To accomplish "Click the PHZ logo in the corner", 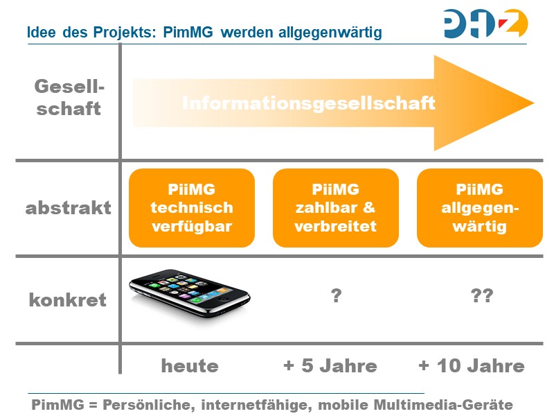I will (485, 23).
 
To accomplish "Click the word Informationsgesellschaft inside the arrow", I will (308, 103).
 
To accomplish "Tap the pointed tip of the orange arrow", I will (532, 103).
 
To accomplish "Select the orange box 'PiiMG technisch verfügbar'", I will (192, 207).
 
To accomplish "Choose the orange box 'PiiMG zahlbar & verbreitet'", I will (336, 207).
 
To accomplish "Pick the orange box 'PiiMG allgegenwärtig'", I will (479, 207).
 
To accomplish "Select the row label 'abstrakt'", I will (68, 208).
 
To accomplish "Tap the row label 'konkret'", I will (68, 300).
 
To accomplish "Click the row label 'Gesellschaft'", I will (68, 98).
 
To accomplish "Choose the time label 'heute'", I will (190, 366).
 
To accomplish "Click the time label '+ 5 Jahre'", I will (330, 366).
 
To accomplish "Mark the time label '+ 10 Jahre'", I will (472, 366).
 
